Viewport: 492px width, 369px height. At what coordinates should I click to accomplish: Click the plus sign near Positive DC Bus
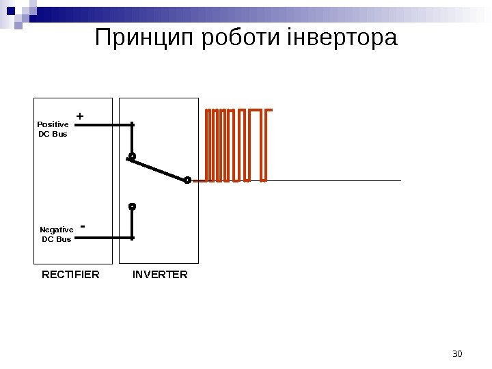[80, 117]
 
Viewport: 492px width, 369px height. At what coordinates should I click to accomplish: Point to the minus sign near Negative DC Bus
[83, 225]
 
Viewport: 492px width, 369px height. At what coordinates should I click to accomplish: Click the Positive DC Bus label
[53, 129]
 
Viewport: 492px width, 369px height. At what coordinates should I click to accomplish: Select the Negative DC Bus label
[56, 234]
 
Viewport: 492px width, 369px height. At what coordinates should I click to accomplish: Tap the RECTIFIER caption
[70, 275]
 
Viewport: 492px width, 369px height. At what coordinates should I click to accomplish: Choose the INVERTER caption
[160, 275]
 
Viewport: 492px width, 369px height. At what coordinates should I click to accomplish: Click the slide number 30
[458, 353]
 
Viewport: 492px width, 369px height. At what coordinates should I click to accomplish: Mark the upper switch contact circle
[132, 156]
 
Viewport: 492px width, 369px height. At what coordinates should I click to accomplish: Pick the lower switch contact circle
[133, 206]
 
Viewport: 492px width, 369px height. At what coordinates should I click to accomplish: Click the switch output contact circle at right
[187, 180]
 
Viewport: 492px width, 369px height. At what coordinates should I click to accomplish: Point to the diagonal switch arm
[159, 168]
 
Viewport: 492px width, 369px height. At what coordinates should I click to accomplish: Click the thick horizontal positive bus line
[102, 125]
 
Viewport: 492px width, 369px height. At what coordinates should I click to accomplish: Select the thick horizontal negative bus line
[102, 238]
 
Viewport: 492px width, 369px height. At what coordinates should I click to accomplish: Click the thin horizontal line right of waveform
[335, 181]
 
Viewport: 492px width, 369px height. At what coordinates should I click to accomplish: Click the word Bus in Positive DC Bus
[59, 134]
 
